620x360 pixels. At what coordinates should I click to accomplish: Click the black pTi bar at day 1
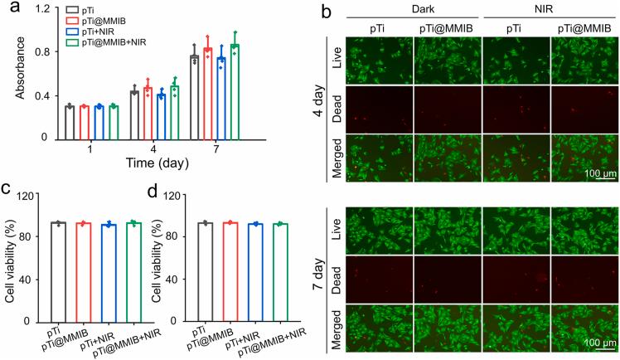pyautogui.click(x=70, y=121)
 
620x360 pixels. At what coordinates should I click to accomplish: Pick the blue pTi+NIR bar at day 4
pyautogui.click(x=162, y=115)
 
